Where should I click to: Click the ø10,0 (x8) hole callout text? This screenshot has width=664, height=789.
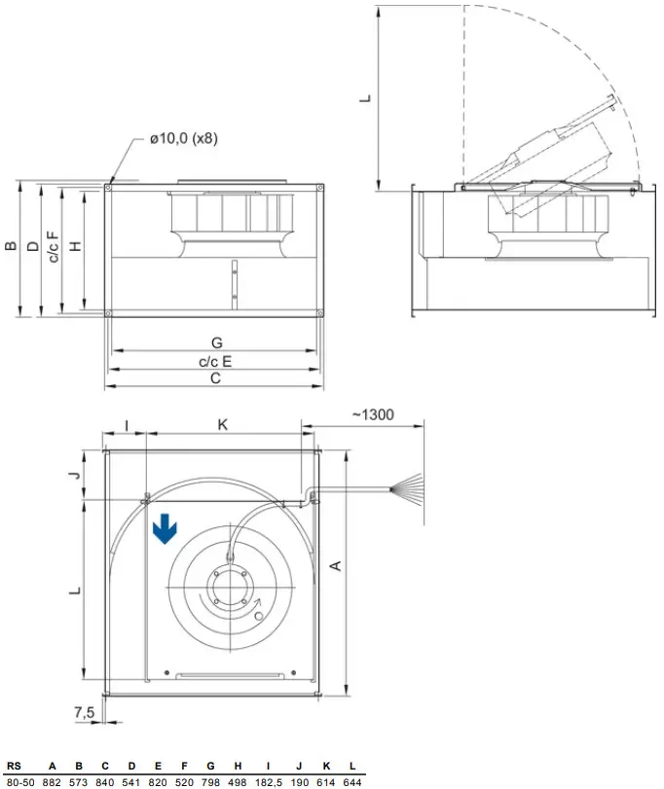coord(183,139)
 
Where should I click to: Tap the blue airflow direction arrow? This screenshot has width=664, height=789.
coord(166,528)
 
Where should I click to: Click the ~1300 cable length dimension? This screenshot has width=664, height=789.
coord(372,414)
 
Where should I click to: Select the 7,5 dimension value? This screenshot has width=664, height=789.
coord(85,712)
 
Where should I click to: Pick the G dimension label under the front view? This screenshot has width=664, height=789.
coord(216,342)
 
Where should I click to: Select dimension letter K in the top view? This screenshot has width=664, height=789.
coord(222,425)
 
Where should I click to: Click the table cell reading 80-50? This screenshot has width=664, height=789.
coord(20,781)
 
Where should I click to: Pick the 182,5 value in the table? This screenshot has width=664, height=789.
coord(273,781)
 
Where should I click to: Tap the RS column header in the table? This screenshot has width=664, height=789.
coord(14,765)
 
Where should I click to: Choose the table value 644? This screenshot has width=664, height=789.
coord(353,781)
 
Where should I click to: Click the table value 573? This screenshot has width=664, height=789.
coord(80,781)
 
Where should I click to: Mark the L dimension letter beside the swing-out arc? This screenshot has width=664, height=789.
coord(365,97)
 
